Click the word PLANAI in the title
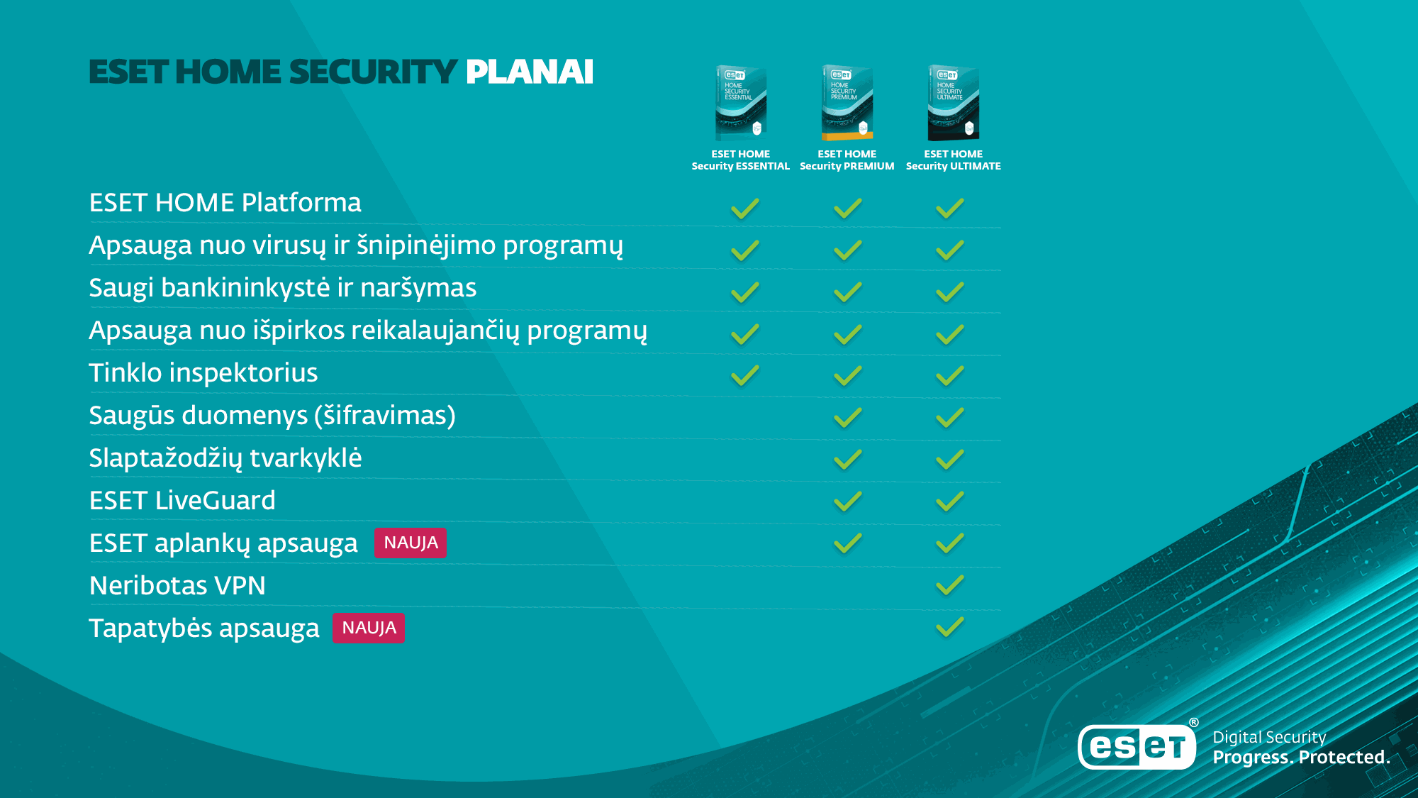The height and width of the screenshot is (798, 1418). (530, 72)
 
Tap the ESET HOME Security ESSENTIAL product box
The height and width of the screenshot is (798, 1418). (741, 103)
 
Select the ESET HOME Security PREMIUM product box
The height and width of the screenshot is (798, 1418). (847, 103)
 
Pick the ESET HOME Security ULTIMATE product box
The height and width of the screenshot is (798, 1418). (954, 103)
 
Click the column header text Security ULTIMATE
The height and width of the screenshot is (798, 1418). (954, 166)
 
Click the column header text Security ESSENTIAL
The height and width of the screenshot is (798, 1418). (741, 166)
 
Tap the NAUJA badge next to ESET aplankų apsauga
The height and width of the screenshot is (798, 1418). (411, 543)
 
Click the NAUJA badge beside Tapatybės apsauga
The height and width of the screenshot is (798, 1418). (369, 628)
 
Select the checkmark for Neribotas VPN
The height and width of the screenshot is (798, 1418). (949, 585)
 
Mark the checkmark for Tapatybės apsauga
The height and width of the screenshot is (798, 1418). (949, 627)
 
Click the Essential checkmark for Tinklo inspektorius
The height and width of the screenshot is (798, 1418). (745, 375)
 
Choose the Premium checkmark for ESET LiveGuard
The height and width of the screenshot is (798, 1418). (848, 501)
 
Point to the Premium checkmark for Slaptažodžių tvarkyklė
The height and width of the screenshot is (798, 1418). (848, 460)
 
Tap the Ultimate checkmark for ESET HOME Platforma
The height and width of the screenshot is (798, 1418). (949, 209)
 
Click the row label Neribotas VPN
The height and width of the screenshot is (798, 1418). (177, 586)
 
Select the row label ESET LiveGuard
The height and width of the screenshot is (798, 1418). (182, 501)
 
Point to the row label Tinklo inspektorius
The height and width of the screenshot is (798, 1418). (203, 373)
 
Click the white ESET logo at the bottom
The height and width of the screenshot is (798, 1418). (1137, 746)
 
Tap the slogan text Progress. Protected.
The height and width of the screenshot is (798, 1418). (1301, 758)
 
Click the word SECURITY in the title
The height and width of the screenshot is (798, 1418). (373, 72)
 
